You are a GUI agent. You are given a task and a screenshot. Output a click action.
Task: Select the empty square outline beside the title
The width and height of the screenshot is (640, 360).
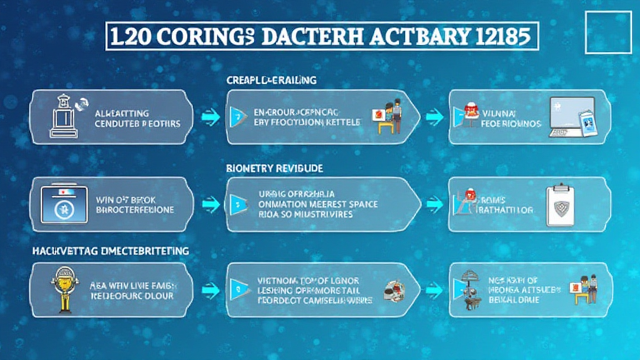pyautogui.click(x=608, y=31)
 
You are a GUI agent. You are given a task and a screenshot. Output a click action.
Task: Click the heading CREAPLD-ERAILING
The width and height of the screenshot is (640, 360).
pyautogui.click(x=271, y=81)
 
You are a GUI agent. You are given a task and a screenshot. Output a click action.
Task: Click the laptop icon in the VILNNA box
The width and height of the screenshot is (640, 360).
pyautogui.click(x=569, y=117)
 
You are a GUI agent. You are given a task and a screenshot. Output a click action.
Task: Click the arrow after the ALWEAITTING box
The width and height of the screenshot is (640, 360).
pyautogui.click(x=210, y=116)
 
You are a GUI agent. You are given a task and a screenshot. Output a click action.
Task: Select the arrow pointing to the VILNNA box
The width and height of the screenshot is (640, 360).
pyautogui.click(x=431, y=116)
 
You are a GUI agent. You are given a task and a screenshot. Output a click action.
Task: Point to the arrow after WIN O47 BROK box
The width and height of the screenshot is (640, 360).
pyautogui.click(x=210, y=203)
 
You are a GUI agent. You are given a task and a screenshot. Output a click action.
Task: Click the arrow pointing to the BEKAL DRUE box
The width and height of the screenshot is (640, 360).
pyautogui.click(x=431, y=289)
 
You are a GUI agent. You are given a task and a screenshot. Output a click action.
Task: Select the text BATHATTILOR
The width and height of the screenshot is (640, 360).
pyautogui.click(x=504, y=211)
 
